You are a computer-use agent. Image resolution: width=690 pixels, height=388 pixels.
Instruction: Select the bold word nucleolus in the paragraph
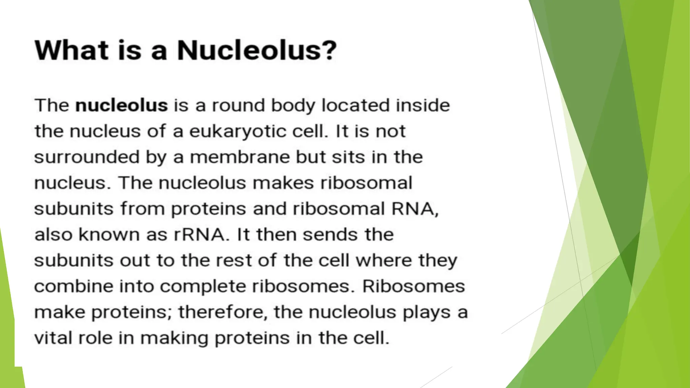tap(121, 105)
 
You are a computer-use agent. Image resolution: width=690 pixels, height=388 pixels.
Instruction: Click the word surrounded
tap(87, 157)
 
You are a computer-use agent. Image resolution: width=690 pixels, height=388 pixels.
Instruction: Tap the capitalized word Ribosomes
tap(413, 286)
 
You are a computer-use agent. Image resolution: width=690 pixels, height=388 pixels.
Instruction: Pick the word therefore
tap(223, 312)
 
